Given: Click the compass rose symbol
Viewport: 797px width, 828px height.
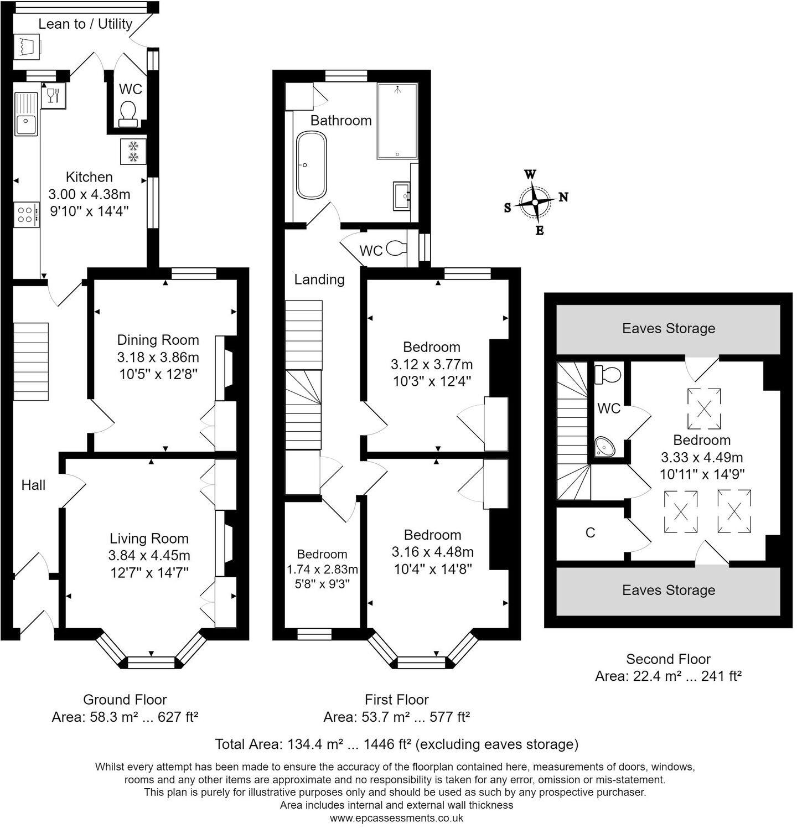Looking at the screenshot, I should [x=535, y=202].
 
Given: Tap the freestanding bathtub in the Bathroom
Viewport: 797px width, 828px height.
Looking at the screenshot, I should [x=311, y=165].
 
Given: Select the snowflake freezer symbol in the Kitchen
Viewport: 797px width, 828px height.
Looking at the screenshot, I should [x=133, y=152].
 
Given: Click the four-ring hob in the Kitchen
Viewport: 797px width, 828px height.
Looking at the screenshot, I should [x=25, y=214].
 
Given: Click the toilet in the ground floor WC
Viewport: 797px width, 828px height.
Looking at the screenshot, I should [x=128, y=112].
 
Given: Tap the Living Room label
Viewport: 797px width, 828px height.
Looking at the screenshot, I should [x=149, y=539].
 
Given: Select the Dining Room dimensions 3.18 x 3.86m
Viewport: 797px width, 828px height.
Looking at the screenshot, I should [x=158, y=357].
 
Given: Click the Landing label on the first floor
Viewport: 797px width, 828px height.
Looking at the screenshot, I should [x=319, y=280].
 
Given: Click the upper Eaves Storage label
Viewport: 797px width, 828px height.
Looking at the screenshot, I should [x=668, y=328].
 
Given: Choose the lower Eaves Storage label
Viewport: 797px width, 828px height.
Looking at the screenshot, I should [x=668, y=590].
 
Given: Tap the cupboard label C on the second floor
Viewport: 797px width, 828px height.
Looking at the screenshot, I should [x=590, y=532].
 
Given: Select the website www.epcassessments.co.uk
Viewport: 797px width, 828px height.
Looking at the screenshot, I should [x=396, y=817].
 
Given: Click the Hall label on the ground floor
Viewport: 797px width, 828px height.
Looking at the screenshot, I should [x=33, y=485].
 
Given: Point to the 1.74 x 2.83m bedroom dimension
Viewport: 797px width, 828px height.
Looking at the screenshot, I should [x=322, y=569].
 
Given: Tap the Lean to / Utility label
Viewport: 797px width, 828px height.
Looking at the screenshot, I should [x=85, y=24].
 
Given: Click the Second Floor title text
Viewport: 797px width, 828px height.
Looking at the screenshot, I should [x=668, y=659].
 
